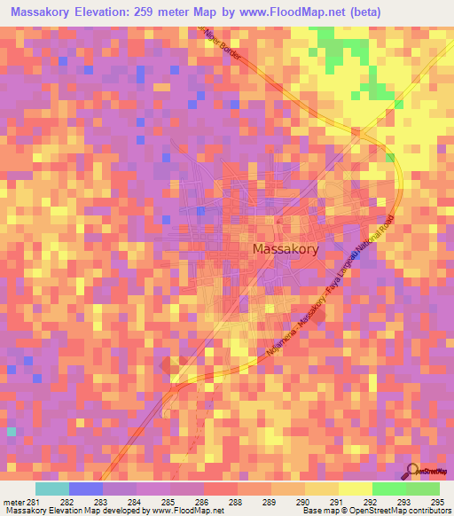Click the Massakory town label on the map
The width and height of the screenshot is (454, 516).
tap(286, 250)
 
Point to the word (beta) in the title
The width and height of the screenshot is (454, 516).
tap(426, 11)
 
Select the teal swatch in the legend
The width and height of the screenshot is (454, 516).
tap(52, 489)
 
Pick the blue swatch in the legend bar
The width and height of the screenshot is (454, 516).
tap(86, 489)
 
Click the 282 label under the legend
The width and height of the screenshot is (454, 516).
tap(67, 502)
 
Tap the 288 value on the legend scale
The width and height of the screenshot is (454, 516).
tap(234, 502)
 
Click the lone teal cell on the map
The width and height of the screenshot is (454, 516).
tap(12, 431)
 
